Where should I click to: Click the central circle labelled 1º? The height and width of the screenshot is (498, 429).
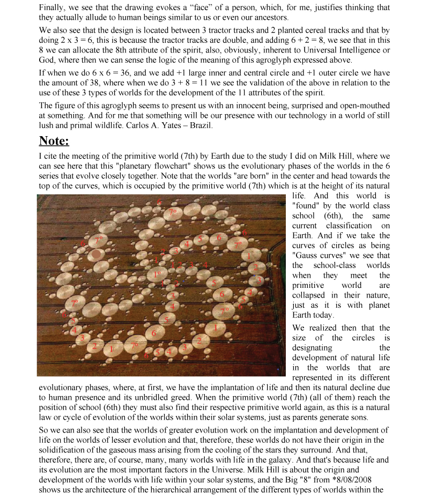tap(157, 274)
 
